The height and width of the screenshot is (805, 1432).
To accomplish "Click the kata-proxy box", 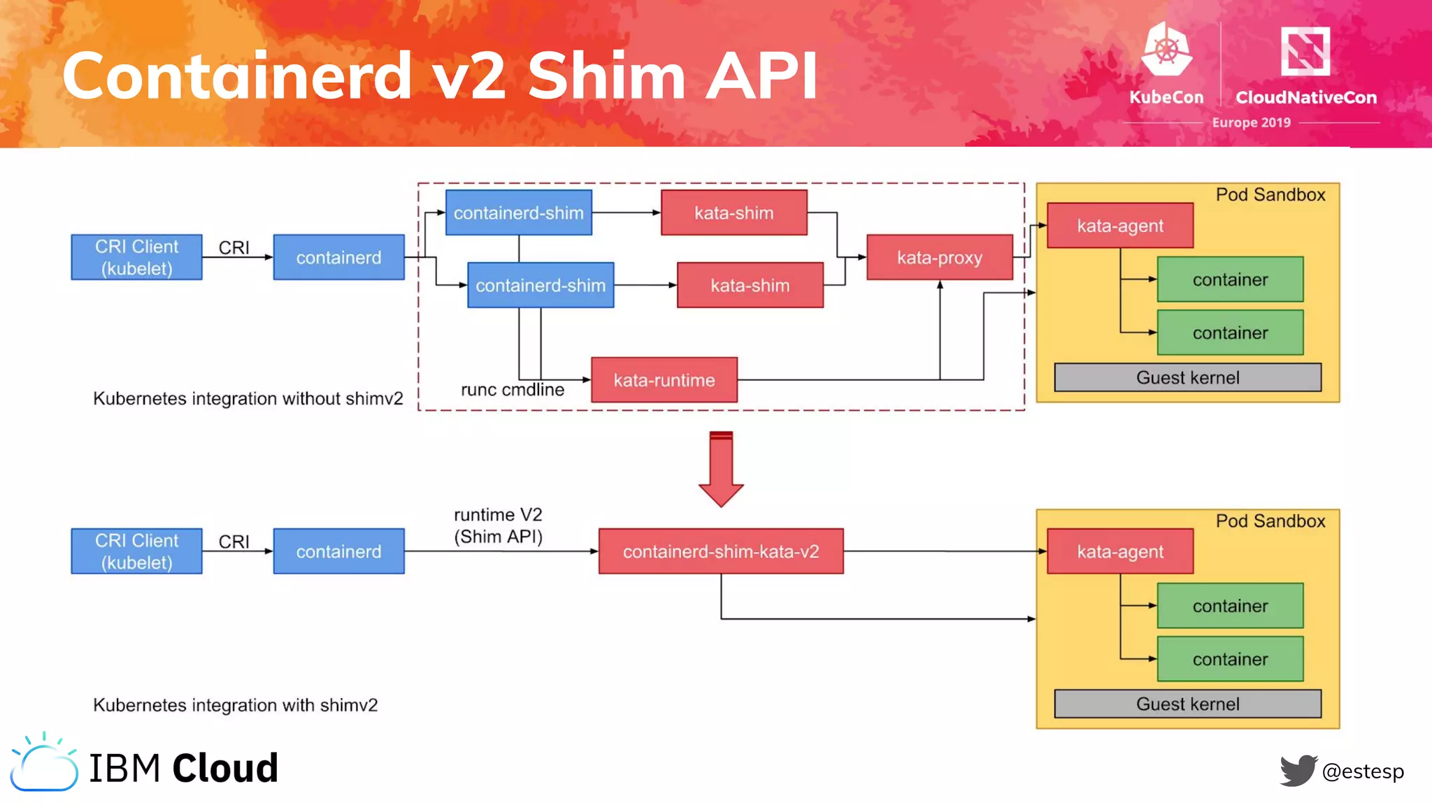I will click(x=939, y=258).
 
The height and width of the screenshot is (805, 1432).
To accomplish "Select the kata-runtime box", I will click(x=664, y=380).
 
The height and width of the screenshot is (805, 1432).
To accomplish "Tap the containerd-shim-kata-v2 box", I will click(x=721, y=551).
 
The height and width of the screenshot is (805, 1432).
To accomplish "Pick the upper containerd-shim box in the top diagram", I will click(x=518, y=212).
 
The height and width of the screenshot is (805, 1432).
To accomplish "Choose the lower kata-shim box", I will click(x=750, y=285).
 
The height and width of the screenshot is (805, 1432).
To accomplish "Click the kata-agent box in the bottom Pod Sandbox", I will click(x=1119, y=551).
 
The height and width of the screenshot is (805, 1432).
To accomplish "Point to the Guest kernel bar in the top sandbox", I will click(x=1187, y=377).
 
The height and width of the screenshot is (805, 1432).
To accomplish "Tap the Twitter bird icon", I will click(x=1298, y=770).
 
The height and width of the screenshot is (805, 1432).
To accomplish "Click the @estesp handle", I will click(x=1363, y=771).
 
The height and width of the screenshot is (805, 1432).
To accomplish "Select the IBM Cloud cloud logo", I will click(x=44, y=764).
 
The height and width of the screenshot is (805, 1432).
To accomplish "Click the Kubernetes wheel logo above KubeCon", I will click(x=1166, y=50).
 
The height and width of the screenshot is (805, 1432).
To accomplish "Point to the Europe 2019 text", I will click(x=1251, y=122).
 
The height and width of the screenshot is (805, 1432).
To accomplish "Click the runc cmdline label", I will click(x=512, y=390).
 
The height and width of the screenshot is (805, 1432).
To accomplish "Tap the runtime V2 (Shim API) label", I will click(x=498, y=525).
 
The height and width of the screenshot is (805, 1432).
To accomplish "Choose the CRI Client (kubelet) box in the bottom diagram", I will click(x=136, y=551).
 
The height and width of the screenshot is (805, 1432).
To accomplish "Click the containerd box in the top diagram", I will click(x=338, y=257).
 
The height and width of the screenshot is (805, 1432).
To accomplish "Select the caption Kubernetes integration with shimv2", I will click(x=235, y=705).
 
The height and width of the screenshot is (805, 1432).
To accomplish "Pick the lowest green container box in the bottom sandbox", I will click(x=1230, y=659).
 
